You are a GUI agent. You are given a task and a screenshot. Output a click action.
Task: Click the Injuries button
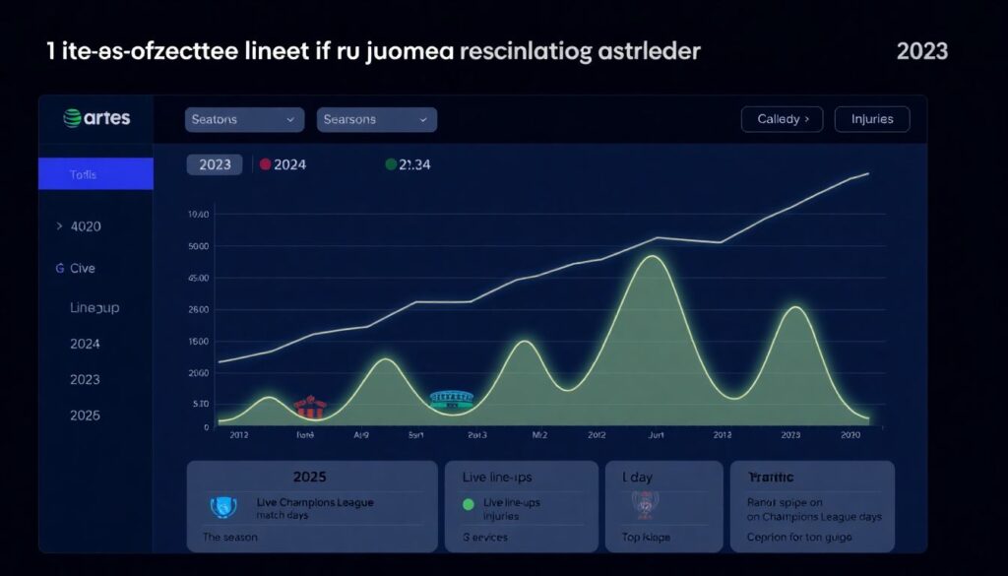(871, 119)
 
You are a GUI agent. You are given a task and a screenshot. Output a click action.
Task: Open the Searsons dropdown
(377, 119)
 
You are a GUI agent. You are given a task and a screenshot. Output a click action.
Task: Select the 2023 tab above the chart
(215, 164)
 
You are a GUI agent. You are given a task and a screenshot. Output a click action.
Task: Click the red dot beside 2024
(265, 164)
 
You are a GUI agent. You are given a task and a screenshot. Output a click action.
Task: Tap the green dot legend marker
(391, 164)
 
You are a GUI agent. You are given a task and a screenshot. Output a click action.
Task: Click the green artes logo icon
(71, 118)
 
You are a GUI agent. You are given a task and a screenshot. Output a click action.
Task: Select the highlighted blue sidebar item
(95, 174)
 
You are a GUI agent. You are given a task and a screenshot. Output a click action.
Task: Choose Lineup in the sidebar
(94, 307)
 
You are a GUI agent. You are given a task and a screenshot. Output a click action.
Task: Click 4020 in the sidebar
(85, 226)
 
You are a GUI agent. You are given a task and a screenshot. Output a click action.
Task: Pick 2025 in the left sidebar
(85, 416)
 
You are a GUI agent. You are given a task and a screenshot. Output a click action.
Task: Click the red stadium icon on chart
(310, 408)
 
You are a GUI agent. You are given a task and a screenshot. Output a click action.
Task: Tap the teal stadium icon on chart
(452, 399)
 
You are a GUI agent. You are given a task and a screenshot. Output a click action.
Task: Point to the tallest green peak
(651, 258)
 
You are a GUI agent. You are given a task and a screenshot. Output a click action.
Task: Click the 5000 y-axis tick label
(198, 247)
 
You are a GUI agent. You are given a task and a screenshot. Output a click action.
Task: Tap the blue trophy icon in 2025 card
(224, 507)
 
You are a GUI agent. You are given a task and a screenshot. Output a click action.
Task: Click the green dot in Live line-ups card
(468, 503)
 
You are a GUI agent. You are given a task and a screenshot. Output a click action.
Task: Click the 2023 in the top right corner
(921, 51)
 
